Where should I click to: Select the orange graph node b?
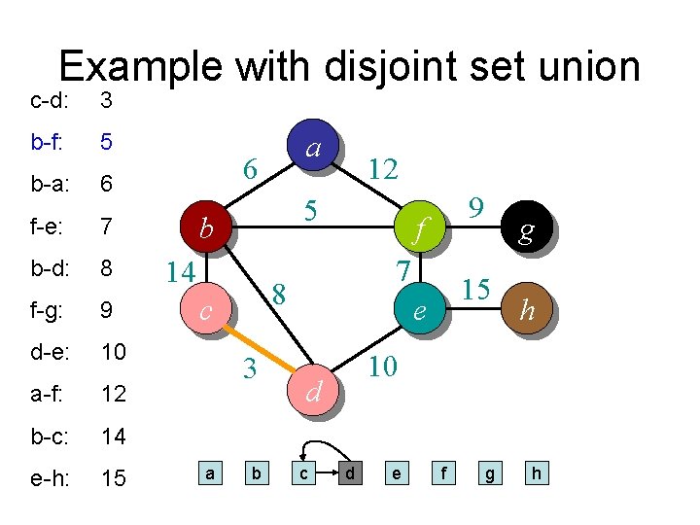205,228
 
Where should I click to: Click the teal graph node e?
419,310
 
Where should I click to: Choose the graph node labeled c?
205,310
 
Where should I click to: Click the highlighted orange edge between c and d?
260,351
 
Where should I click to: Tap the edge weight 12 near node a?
383,170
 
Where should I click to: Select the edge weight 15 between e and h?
474,290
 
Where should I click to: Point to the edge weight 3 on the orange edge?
250,369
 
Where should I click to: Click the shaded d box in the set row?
349,473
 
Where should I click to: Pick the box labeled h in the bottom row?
536,473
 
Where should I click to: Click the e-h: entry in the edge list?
49,478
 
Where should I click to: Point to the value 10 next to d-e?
114,352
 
